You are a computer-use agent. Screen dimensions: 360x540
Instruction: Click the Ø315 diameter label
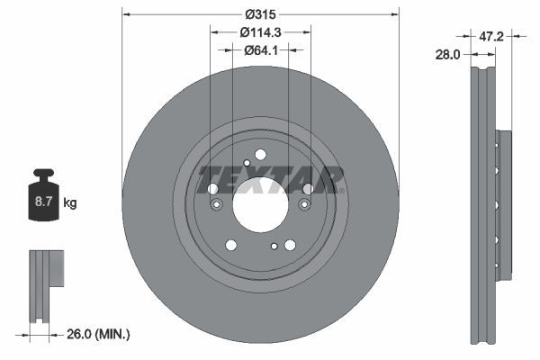(x=260, y=13)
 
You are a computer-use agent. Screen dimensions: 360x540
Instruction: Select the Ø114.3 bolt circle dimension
(x=260, y=31)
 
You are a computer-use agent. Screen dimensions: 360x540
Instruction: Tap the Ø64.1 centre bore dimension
(x=260, y=49)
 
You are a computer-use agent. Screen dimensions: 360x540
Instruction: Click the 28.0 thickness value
(x=447, y=54)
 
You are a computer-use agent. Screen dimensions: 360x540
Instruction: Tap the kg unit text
(x=70, y=203)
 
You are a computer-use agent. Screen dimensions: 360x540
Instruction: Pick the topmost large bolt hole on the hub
(x=260, y=154)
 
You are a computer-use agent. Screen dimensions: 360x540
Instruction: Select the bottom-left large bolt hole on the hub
(x=231, y=245)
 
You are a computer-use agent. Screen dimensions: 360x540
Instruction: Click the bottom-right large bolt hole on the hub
(x=290, y=245)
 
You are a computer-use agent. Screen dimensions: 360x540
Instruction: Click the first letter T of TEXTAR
(x=208, y=179)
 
